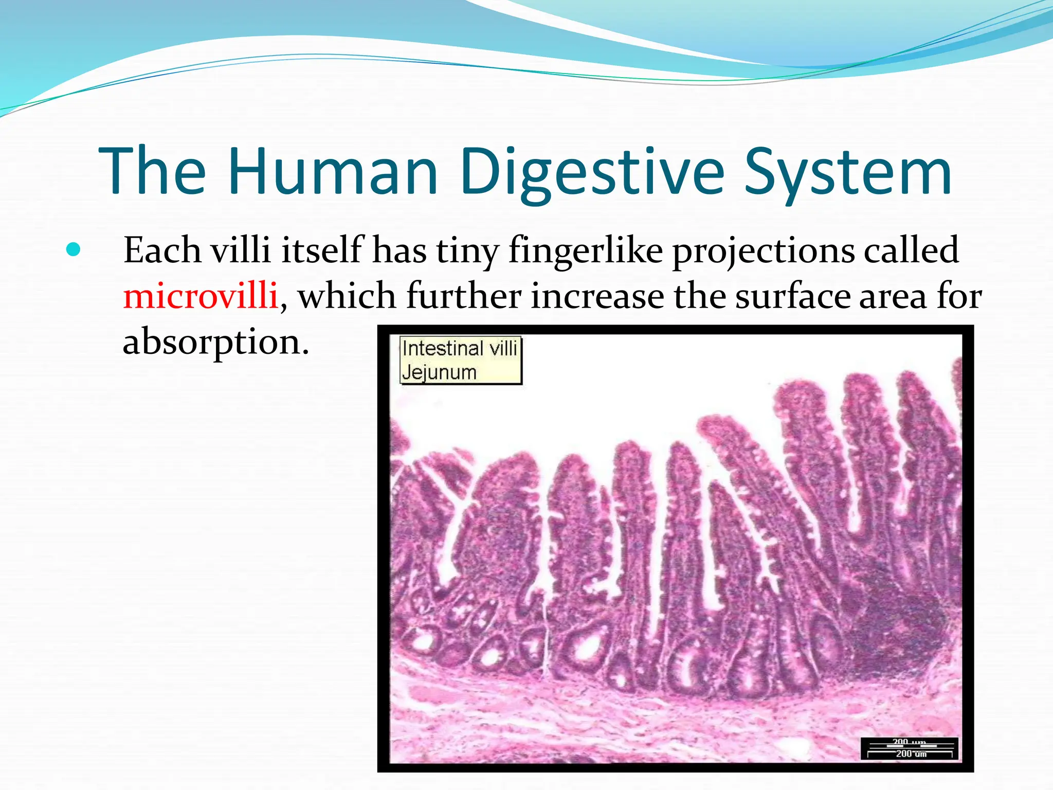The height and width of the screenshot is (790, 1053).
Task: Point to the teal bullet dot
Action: pos(74,250)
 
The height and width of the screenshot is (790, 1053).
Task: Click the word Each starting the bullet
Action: pos(162,250)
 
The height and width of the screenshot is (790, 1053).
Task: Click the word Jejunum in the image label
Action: pos(439,372)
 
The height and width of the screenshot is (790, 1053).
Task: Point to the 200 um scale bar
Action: pos(910,749)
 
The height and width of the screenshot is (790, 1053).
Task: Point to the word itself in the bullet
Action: pos(323,250)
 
